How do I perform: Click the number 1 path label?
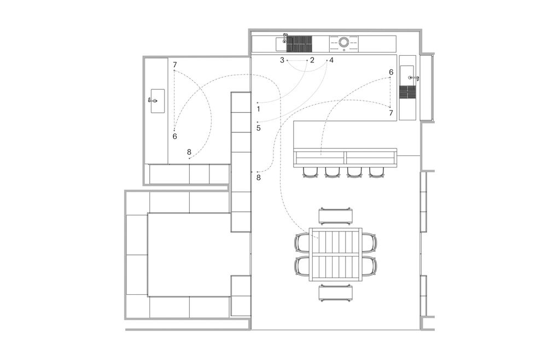(259, 109)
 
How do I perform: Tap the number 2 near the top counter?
(312, 60)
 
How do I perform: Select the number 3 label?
(282, 60)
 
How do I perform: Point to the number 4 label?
(331, 60)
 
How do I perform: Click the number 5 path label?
(259, 128)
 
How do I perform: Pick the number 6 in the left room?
(174, 136)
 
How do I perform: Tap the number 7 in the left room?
(174, 65)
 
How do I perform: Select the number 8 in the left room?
(189, 152)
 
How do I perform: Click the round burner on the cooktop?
(343, 42)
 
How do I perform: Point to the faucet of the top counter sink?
(285, 38)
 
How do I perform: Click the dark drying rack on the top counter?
(300, 44)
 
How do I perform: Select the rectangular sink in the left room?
(157, 101)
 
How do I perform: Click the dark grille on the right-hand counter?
(407, 92)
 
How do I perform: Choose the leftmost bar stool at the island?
(310, 172)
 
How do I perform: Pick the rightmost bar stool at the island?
(376, 172)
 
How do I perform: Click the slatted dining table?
(336, 254)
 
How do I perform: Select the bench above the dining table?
(336, 216)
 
